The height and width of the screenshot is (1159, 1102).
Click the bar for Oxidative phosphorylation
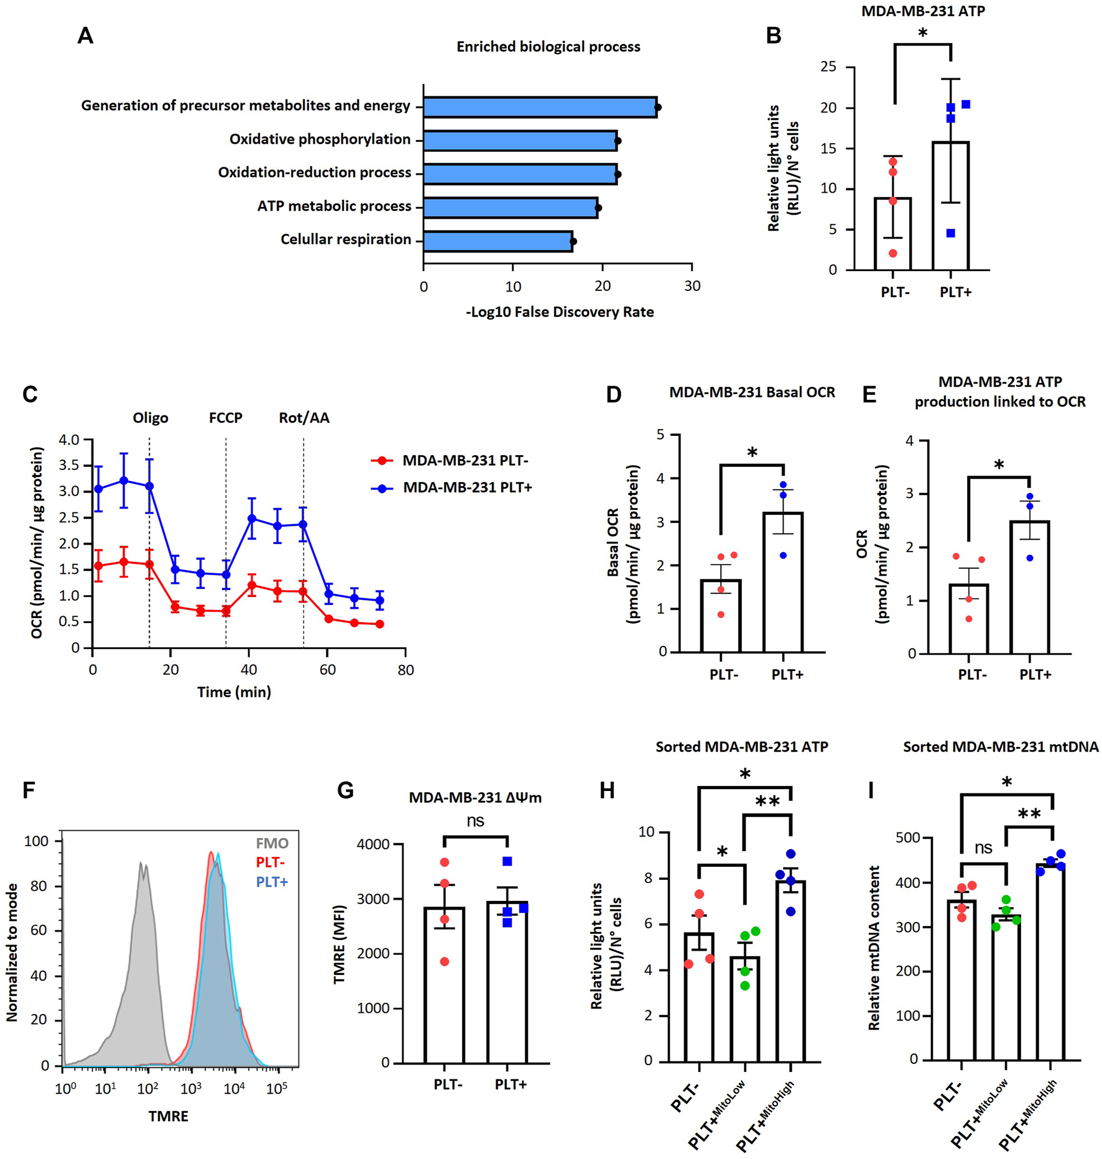click(520, 141)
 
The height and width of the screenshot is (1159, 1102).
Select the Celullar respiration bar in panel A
click(498, 241)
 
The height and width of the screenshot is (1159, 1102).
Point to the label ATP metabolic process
click(334, 206)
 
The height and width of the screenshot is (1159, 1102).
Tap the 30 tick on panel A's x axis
click(692, 286)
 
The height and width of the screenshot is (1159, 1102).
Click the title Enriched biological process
click(548, 47)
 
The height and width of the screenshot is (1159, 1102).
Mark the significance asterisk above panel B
click(922, 33)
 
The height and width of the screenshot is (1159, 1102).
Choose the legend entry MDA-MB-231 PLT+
click(467, 487)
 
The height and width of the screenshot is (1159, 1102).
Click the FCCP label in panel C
click(225, 418)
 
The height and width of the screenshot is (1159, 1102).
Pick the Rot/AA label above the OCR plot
click(303, 418)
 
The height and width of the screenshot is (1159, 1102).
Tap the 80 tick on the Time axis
click(405, 670)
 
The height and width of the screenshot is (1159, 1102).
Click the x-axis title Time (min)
click(234, 692)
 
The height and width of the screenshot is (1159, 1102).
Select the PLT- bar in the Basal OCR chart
click(721, 616)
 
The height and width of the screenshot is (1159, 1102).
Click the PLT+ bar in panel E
click(1029, 588)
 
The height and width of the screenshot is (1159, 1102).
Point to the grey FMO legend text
click(272, 843)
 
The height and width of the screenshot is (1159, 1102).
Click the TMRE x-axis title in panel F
click(168, 1116)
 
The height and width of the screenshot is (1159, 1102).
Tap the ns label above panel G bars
click(475, 821)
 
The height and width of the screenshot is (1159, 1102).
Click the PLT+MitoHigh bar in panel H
click(790, 970)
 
